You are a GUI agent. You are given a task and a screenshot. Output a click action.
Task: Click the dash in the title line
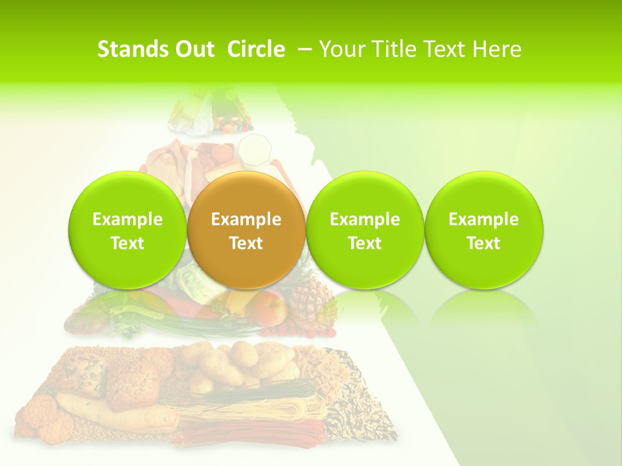(303, 49)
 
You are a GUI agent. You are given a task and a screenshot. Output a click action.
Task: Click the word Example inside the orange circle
(246, 219)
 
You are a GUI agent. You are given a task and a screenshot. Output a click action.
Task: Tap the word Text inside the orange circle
(246, 243)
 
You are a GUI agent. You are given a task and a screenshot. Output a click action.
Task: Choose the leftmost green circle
(127, 230)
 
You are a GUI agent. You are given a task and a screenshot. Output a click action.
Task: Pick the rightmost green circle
(484, 230)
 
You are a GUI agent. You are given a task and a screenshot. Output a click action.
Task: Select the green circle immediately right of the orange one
(365, 230)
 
